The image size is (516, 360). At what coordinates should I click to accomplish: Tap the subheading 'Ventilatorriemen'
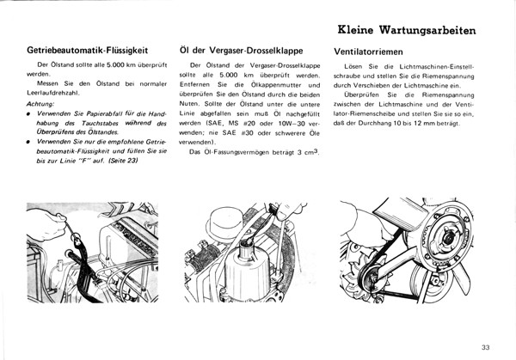pyautogui.click(x=371, y=51)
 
